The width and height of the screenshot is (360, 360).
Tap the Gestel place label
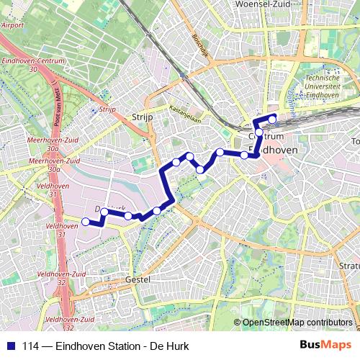(x=137, y=279)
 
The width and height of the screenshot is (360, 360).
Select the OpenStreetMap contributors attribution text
(x=297, y=323)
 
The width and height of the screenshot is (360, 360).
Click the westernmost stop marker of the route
(x=86, y=222)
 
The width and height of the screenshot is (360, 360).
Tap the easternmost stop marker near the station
(x=272, y=119)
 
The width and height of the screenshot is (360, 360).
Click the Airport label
(x=12, y=24)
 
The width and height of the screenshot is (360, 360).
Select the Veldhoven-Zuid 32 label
(x=69, y=322)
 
